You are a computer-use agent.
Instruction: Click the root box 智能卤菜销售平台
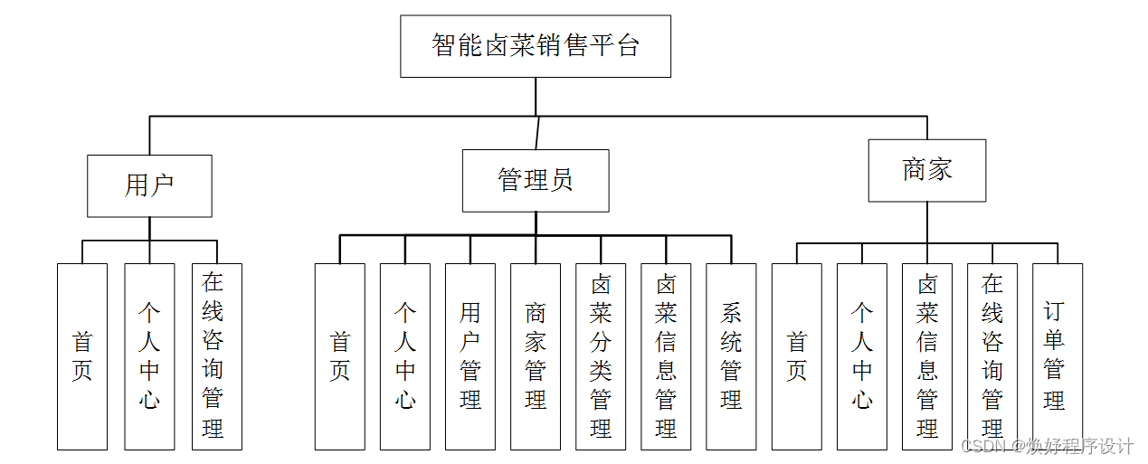pyautogui.click(x=536, y=46)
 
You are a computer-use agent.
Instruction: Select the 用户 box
pyautogui.click(x=149, y=185)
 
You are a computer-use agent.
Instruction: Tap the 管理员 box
pyautogui.click(x=536, y=181)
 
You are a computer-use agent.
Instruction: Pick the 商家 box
pyautogui.click(x=927, y=170)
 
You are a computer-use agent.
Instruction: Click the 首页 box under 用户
pyautogui.click(x=82, y=356)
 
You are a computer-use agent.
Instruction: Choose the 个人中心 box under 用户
pyautogui.click(x=149, y=356)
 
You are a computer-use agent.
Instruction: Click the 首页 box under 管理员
pyautogui.click(x=340, y=356)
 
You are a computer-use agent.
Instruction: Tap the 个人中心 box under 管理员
pyautogui.click(x=405, y=356)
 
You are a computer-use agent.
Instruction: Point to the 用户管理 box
pyautogui.click(x=470, y=356)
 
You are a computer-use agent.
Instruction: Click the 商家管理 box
pyautogui.click(x=536, y=356)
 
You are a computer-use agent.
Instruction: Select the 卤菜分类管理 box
pyautogui.click(x=601, y=356)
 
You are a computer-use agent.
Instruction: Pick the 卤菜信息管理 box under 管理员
pyautogui.click(x=666, y=356)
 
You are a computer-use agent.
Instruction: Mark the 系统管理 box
pyautogui.click(x=731, y=356)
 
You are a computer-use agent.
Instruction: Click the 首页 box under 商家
pyautogui.click(x=797, y=356)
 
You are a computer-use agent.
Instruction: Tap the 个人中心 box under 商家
pyautogui.click(x=862, y=356)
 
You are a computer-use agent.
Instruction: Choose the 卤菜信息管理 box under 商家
pyautogui.click(x=927, y=356)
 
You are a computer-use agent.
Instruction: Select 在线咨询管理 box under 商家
pyautogui.click(x=992, y=356)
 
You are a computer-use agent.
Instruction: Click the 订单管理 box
pyautogui.click(x=1058, y=356)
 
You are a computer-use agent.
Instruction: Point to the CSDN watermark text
pyautogui.click(x=1047, y=447)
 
